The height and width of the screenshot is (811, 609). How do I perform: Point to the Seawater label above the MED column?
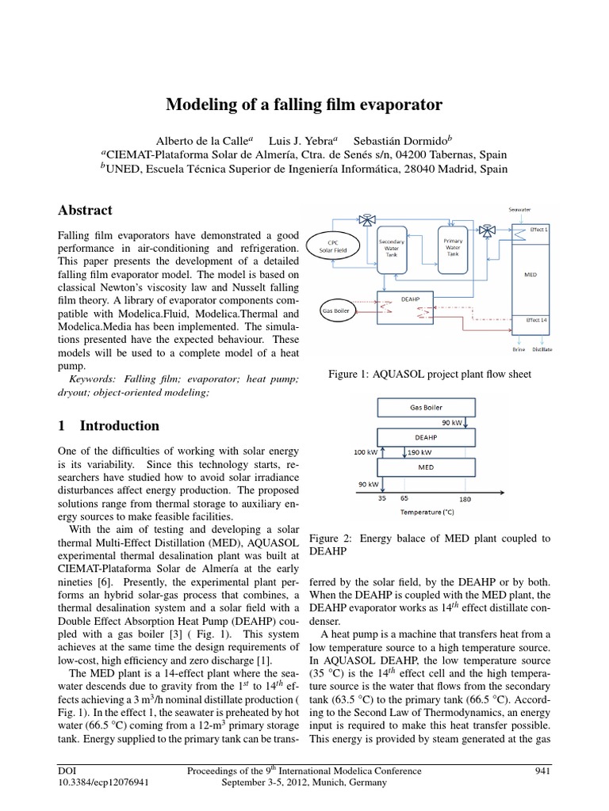[x=519, y=209]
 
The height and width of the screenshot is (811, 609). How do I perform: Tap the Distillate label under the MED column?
[x=542, y=348]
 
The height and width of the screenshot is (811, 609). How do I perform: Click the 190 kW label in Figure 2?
[x=421, y=452]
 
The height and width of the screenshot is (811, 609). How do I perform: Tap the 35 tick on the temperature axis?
[x=383, y=500]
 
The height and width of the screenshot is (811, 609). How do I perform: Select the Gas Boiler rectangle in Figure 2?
[x=427, y=407]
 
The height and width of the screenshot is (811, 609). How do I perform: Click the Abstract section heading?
[x=86, y=211]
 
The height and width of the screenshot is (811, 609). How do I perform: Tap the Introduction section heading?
[x=109, y=425]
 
